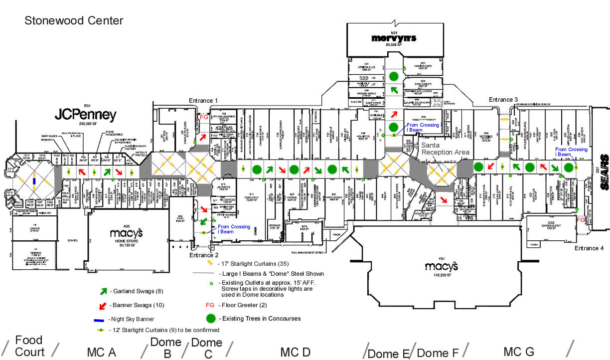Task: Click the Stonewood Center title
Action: tap(74, 21)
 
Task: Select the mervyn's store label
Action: tap(393, 38)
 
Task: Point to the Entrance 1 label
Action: tap(203, 101)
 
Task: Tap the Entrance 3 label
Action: tap(504, 100)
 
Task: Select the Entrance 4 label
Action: tap(589, 248)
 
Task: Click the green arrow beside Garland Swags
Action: tap(104, 291)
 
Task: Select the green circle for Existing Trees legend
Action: tap(211, 318)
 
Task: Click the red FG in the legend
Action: tap(210, 305)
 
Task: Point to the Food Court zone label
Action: tap(29, 346)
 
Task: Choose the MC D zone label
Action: tap(295, 352)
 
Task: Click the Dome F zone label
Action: tap(438, 353)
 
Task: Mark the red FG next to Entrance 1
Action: tap(203, 117)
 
